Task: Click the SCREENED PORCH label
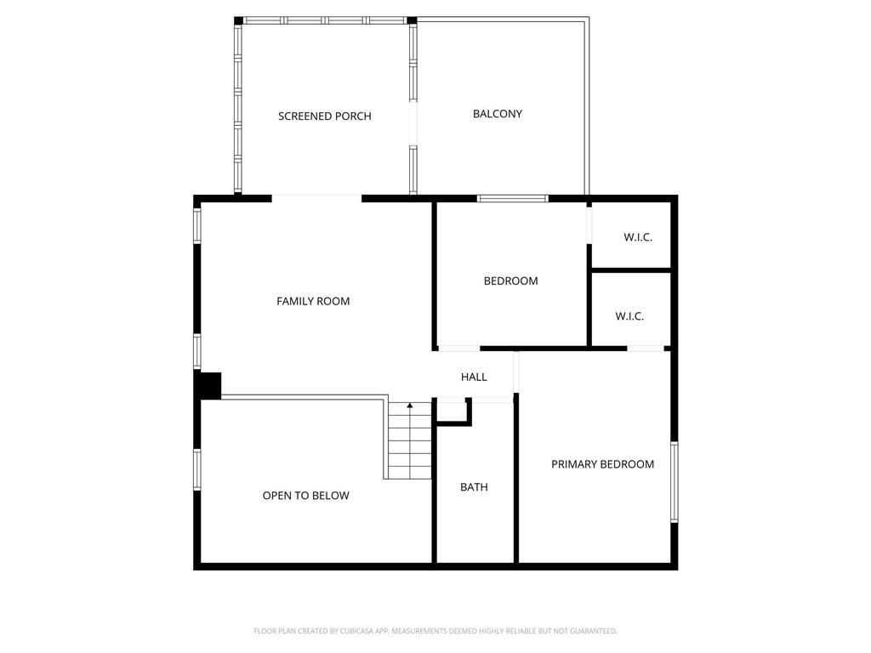tap(324, 116)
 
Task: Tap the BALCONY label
tap(497, 114)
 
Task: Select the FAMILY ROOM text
tap(313, 301)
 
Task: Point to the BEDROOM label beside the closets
tap(510, 281)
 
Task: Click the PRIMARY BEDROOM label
tap(603, 464)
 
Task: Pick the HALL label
tap(474, 377)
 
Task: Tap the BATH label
tap(474, 487)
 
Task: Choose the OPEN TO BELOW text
tap(306, 496)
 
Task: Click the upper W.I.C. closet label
tap(638, 237)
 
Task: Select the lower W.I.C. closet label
tap(629, 316)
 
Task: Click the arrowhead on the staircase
tap(410, 406)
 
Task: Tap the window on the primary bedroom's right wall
tap(675, 482)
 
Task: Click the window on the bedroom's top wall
tap(513, 198)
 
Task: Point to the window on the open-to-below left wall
tap(196, 469)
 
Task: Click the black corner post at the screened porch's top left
tap(238, 21)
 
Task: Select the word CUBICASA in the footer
tap(364, 631)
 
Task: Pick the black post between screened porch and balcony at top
tap(412, 21)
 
